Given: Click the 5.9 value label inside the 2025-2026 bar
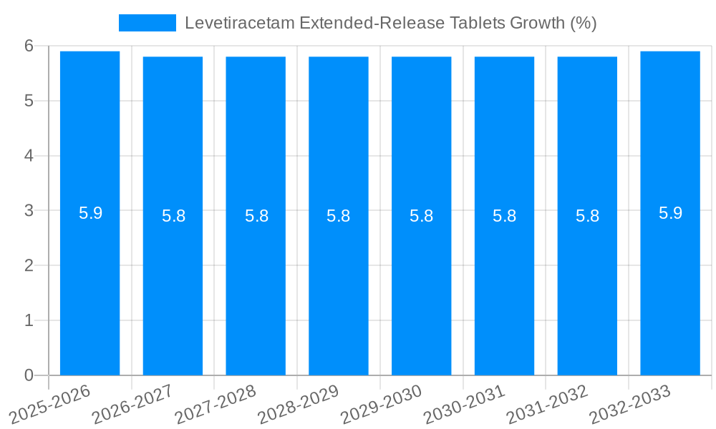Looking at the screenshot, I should click(x=90, y=213).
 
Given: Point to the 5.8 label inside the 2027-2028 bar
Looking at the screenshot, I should click(x=256, y=216).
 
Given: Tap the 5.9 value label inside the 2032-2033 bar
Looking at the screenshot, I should click(x=670, y=213).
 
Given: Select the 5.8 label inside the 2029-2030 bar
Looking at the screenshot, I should click(x=421, y=216).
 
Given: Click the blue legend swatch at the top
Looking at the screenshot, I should click(x=147, y=23).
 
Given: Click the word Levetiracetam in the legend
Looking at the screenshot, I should click(x=227, y=23).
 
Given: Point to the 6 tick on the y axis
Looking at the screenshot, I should click(x=29, y=46).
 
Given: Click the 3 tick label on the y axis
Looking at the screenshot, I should click(x=29, y=211).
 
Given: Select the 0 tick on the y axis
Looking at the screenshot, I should click(x=29, y=375).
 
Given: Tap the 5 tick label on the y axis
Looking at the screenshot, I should click(x=29, y=101).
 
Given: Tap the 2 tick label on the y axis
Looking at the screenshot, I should click(x=29, y=265).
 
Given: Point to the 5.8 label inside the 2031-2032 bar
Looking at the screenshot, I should click(x=587, y=216).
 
